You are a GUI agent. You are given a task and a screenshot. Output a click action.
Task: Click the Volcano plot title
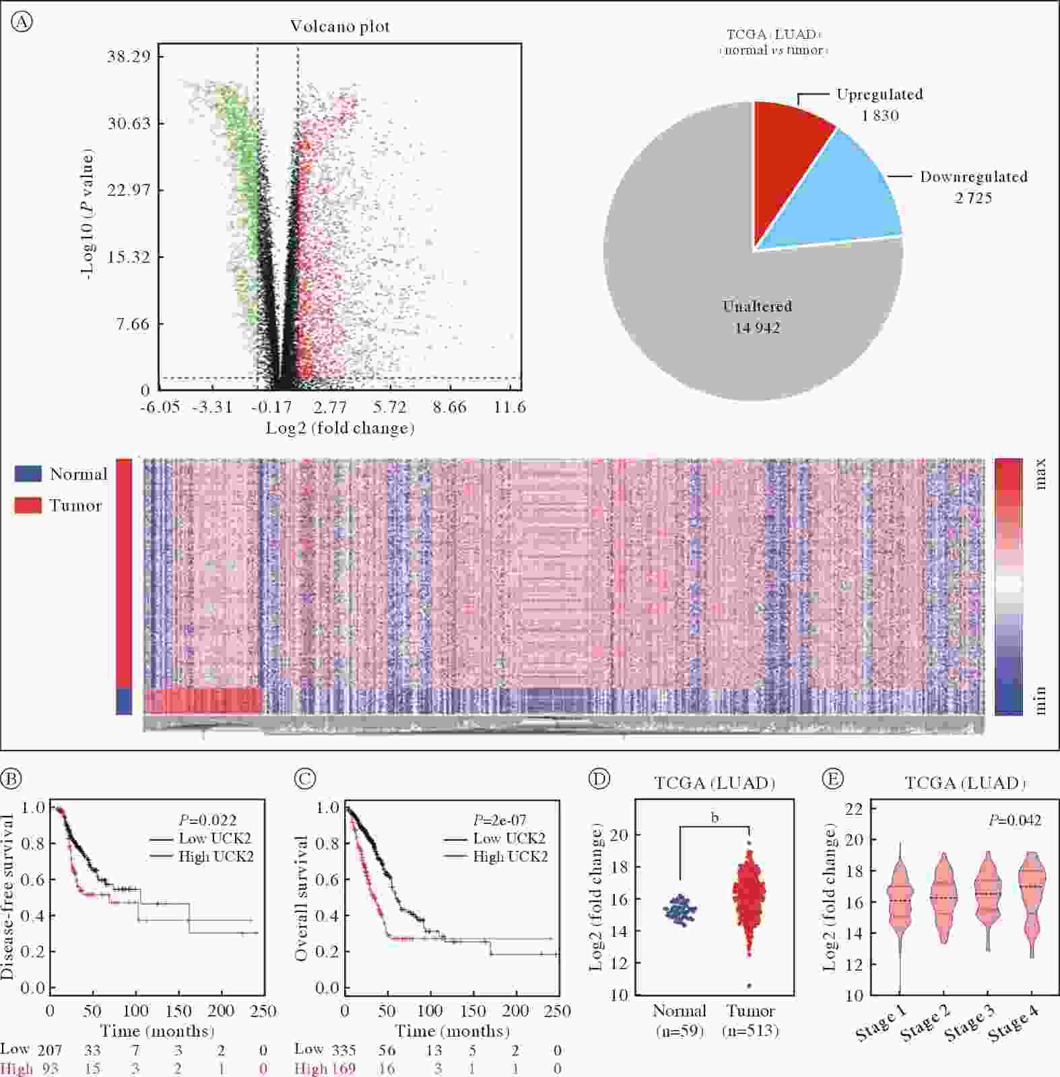(339, 26)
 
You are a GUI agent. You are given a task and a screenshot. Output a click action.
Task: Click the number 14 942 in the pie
(757, 328)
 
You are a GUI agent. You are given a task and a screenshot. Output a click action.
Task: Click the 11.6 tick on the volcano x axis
(509, 407)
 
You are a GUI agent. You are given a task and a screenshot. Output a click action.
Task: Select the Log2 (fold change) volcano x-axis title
(339, 428)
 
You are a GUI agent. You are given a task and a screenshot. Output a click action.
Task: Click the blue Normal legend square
(28, 474)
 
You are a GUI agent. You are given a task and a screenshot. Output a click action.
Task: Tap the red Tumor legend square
(28, 506)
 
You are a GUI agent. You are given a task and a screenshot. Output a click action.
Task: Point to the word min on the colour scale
(1040, 700)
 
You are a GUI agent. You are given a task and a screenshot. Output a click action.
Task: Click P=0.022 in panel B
(207, 820)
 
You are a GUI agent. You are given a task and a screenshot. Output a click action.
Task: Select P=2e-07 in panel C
(499, 820)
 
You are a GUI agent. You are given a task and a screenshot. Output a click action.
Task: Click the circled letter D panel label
(599, 779)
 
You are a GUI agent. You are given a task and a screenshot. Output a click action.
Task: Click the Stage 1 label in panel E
(881, 1023)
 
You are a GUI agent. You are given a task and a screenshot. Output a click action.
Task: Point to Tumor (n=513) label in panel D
(750, 1020)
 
